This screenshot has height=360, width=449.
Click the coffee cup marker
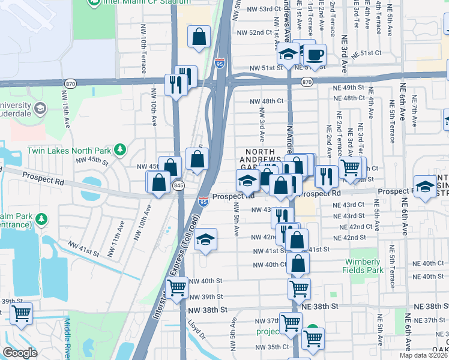pos(314,56)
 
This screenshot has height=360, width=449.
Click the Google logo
pos(20,353)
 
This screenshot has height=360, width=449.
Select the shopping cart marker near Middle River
pos(21,314)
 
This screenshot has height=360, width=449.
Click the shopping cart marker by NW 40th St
pos(176,289)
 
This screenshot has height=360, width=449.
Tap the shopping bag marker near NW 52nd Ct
pos(199,37)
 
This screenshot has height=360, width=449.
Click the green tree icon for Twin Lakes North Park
pos(120,148)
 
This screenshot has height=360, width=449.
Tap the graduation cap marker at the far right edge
pos(426,186)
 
